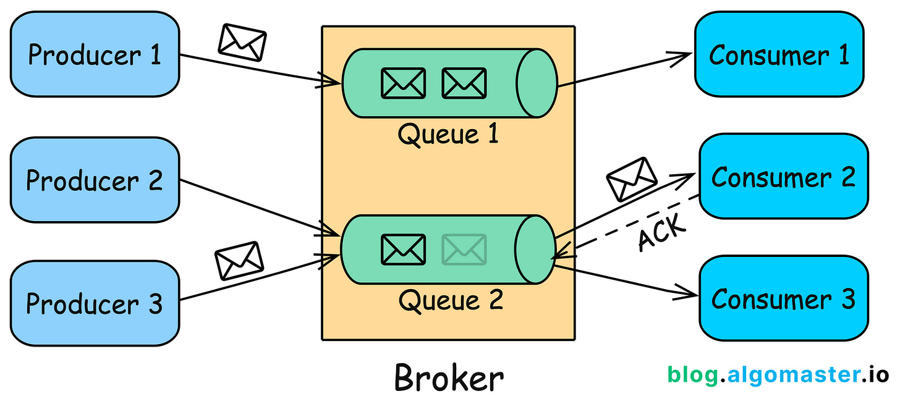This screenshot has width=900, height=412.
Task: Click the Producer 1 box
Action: coord(95,54)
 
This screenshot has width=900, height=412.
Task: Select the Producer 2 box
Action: coord(95,180)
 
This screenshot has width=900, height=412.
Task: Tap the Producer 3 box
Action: coord(95,303)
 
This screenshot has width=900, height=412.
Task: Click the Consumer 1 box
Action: coord(779,54)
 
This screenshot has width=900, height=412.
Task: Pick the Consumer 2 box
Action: coord(783,177)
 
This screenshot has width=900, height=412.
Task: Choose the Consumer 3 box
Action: coord(783,298)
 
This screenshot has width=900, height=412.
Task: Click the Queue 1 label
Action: coord(448,134)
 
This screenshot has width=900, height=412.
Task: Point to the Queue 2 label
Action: coord(450,301)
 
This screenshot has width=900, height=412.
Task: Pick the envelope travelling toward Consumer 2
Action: coord(631,179)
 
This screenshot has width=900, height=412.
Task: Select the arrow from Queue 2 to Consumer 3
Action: coord(624,279)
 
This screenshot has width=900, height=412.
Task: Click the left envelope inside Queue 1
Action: coord(403,83)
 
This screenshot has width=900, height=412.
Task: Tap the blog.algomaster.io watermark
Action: coord(778,375)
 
